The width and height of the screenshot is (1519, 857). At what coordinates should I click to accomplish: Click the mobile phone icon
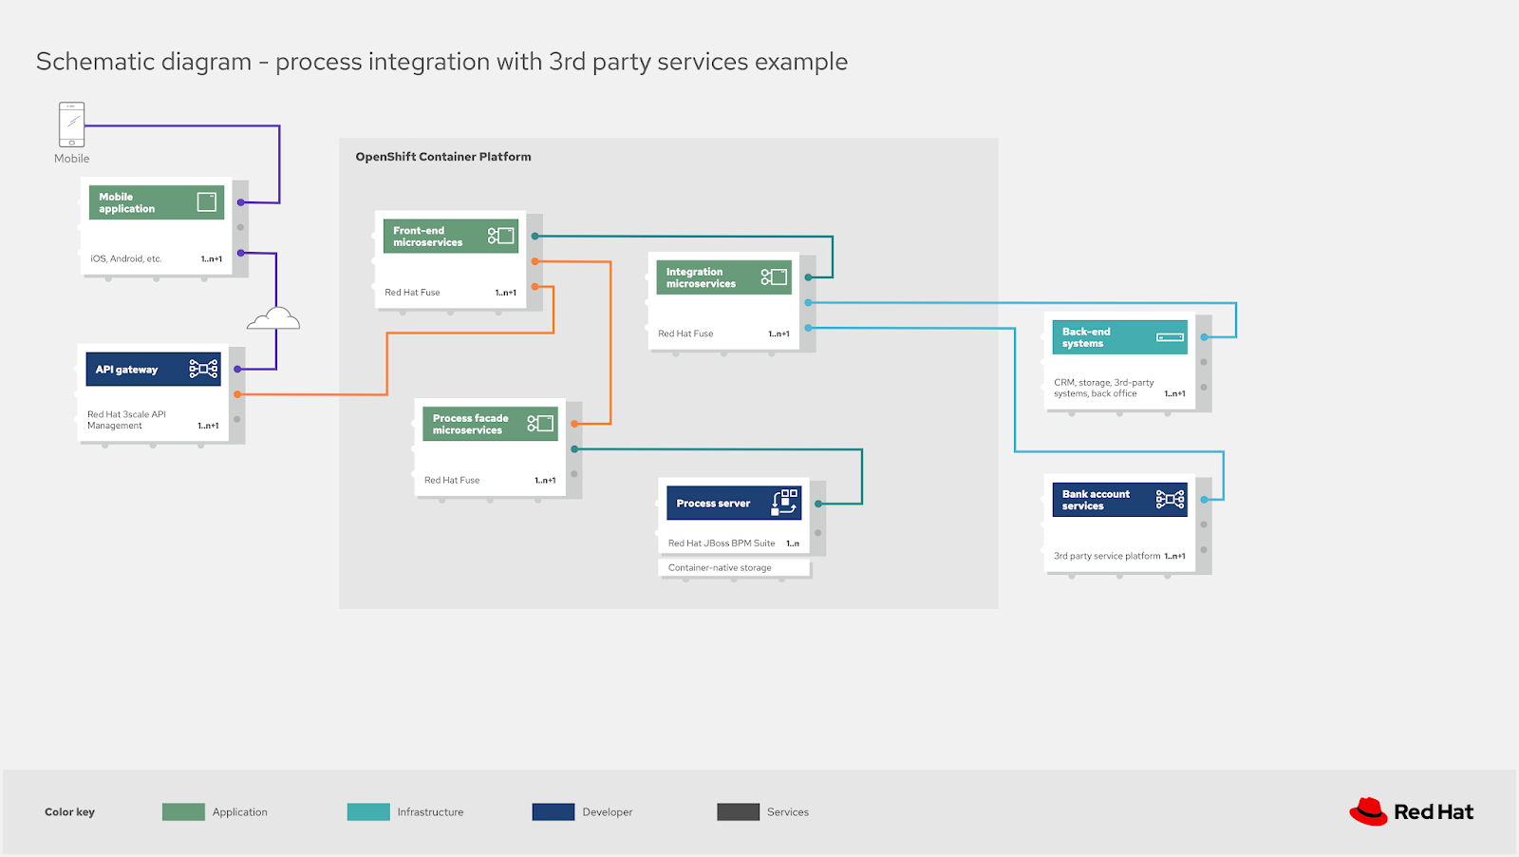71,124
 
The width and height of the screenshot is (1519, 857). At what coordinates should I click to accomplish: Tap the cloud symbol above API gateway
273,319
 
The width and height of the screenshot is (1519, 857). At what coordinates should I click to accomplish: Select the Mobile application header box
157,202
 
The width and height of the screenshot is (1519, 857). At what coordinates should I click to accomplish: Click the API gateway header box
153,369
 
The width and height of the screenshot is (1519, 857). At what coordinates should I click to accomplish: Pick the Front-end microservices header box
451,236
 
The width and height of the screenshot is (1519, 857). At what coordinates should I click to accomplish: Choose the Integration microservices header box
723,277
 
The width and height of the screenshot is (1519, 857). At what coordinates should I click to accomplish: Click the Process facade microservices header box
490,424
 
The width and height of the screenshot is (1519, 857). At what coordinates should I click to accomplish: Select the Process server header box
734,503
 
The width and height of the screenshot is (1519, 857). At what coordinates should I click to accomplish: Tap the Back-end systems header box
1119,337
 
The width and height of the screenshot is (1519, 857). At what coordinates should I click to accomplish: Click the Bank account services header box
1119,500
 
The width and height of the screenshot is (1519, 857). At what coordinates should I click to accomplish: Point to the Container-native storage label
720,568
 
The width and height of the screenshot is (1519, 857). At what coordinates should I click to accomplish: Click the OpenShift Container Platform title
443,157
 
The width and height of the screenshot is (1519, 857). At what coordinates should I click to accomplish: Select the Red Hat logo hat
1368,811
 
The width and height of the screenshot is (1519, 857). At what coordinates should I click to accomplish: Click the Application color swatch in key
183,811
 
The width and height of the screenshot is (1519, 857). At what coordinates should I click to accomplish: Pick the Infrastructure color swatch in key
368,811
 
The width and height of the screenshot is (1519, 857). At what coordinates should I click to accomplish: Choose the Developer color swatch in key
553,811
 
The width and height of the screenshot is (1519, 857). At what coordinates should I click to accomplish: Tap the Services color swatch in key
738,811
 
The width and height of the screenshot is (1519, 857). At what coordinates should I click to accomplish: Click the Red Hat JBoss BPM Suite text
722,543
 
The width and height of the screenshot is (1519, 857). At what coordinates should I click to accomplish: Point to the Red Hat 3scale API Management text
126,420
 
